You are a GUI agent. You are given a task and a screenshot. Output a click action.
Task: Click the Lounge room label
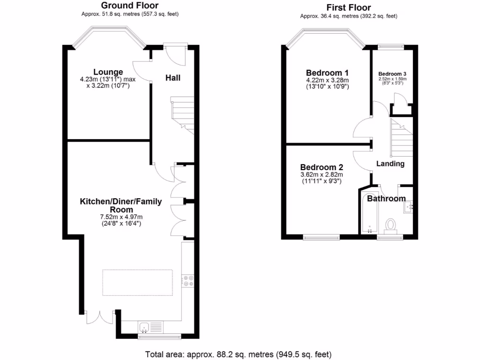108,72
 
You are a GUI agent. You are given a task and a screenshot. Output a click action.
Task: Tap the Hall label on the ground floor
172,78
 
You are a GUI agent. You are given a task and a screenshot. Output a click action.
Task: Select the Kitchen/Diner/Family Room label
120,205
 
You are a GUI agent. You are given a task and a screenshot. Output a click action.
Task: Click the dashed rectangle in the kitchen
137,282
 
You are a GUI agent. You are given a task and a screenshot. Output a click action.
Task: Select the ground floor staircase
183,114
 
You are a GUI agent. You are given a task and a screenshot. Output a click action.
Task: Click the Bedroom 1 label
327,73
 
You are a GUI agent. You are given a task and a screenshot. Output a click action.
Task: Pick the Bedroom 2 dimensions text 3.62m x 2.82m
322,175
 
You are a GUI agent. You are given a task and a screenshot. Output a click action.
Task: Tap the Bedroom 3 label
392,74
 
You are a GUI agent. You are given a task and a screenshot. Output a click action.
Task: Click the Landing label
390,164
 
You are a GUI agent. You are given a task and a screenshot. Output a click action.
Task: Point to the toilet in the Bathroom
390,225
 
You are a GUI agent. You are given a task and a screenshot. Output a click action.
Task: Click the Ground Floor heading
130,6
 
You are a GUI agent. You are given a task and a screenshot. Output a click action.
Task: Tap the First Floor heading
349,7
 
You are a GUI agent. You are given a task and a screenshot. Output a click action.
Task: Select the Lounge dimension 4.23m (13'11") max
108,80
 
